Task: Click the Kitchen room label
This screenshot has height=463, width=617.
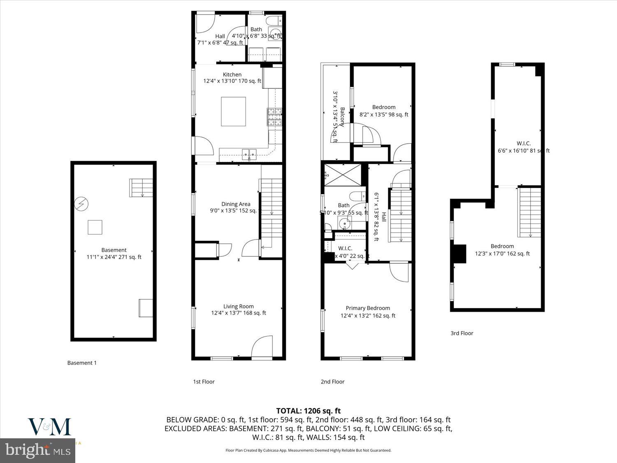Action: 232,74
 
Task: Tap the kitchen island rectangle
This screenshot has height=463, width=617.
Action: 233,111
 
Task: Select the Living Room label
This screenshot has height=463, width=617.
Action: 238,306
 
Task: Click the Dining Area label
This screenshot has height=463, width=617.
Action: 236,204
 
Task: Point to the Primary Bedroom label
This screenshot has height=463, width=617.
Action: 368,308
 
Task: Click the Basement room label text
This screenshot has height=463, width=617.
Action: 114,250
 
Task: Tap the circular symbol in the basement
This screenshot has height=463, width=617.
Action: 81,204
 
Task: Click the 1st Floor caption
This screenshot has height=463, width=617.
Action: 204,382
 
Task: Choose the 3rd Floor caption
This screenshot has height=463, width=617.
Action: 462,333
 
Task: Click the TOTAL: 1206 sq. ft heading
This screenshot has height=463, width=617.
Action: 308,410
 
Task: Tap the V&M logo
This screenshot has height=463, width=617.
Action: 49,427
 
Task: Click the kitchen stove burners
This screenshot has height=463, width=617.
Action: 275,116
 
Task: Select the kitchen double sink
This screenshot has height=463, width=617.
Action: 249,154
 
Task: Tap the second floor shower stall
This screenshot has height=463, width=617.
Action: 343,175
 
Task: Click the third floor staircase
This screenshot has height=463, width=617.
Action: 530,212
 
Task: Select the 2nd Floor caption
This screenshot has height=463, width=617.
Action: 332,382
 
